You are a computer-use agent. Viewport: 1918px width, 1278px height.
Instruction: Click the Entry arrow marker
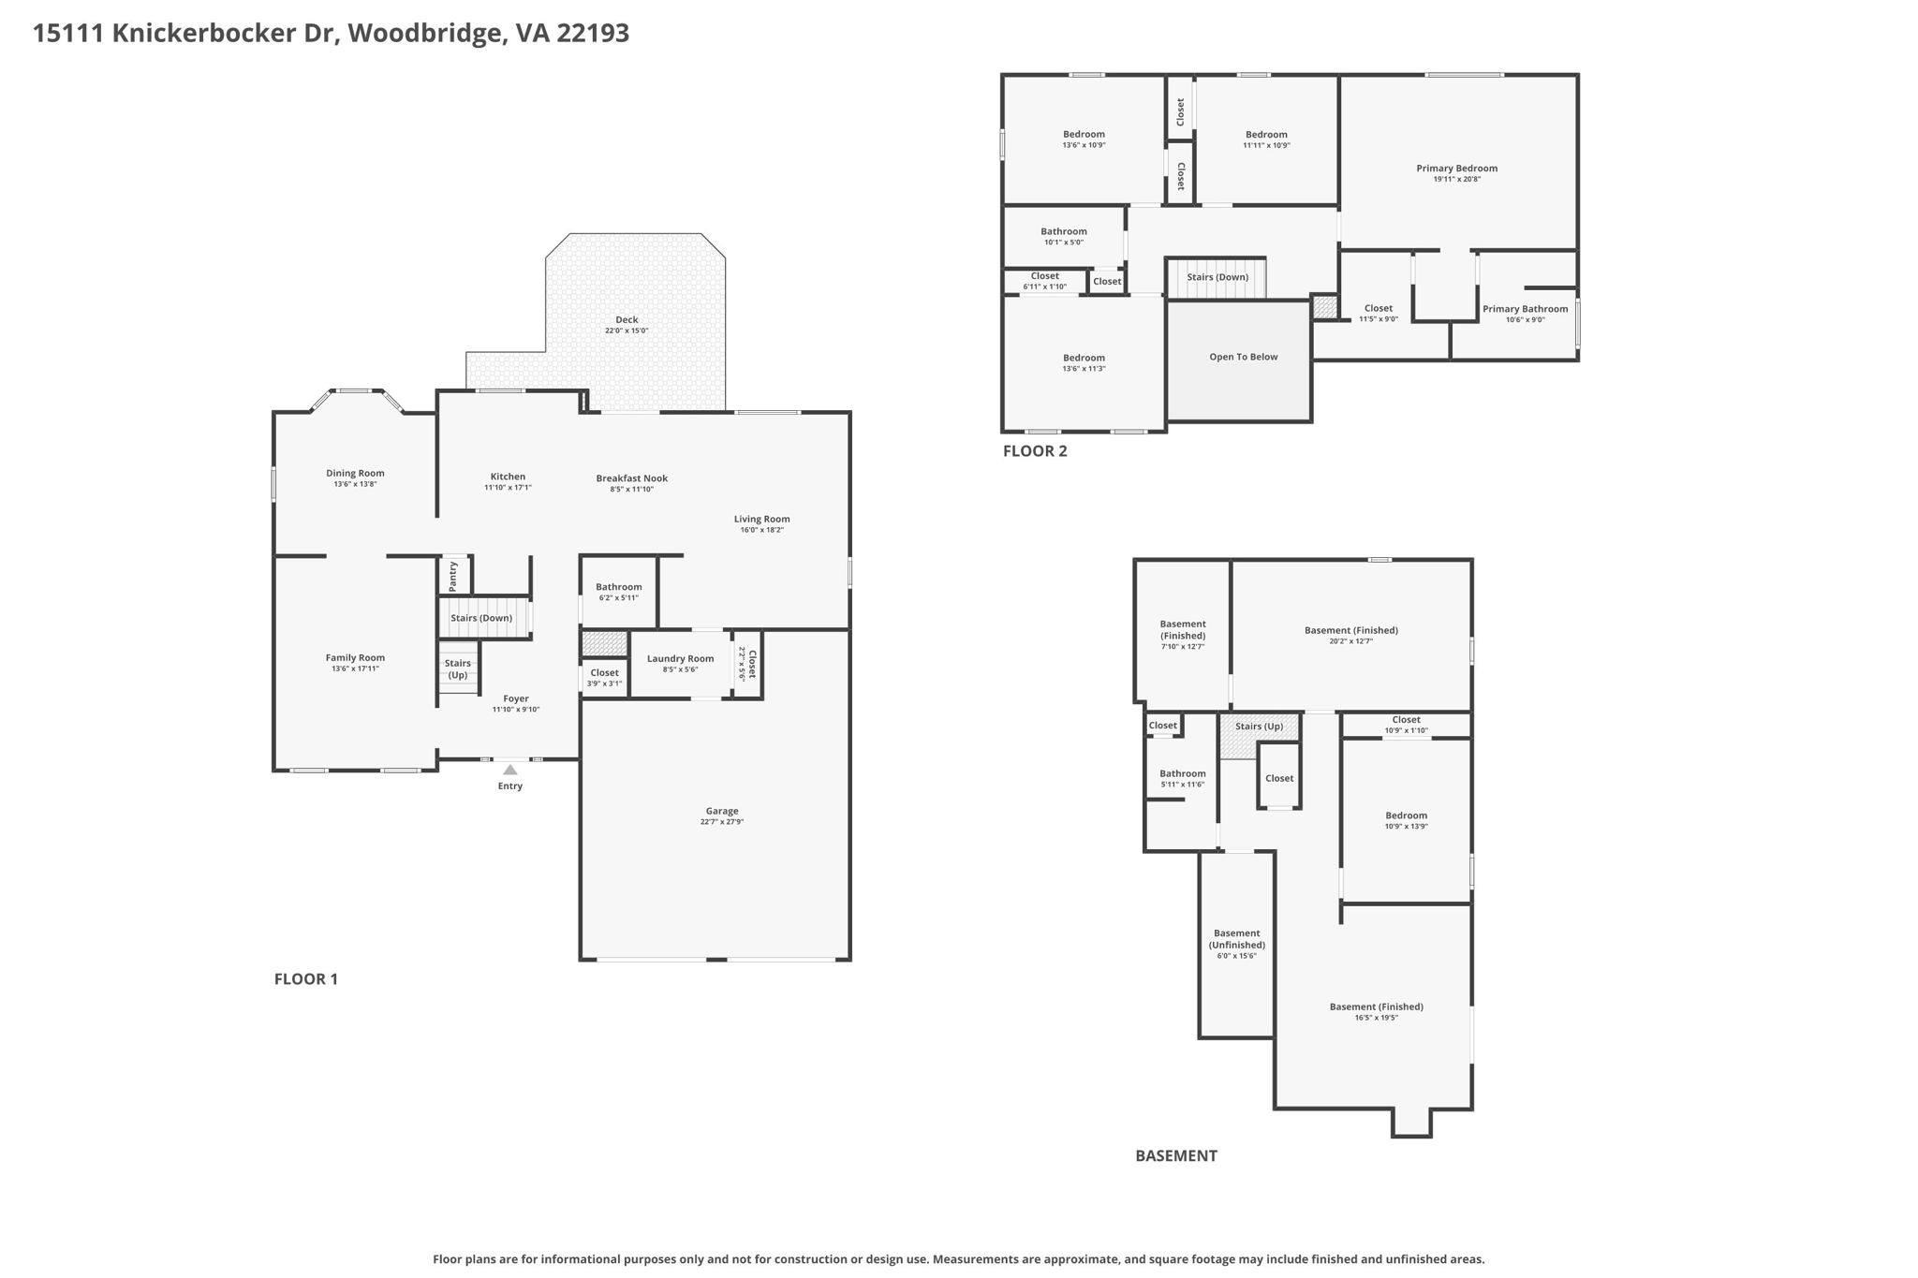pyautogui.click(x=509, y=770)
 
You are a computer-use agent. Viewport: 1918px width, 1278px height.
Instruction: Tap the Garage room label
pyautogui.click(x=721, y=811)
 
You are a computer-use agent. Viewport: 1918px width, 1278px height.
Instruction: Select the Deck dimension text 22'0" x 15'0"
pyautogui.click(x=626, y=331)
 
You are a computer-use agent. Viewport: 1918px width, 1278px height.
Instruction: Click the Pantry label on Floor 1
pyautogui.click(x=453, y=575)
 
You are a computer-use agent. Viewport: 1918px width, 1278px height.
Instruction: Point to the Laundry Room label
pyautogui.click(x=680, y=658)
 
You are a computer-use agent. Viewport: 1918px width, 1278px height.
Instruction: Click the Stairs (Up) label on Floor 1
pyautogui.click(x=457, y=668)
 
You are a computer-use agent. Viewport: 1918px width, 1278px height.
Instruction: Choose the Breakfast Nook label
pyautogui.click(x=631, y=478)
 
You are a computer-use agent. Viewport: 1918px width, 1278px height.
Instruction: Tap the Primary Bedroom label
pyautogui.click(x=1456, y=169)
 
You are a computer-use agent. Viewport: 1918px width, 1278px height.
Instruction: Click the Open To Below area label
pyautogui.click(x=1243, y=357)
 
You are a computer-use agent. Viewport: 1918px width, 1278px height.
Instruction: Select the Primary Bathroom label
pyautogui.click(x=1525, y=309)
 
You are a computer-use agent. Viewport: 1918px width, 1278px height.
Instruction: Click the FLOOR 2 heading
pyautogui.click(x=1035, y=451)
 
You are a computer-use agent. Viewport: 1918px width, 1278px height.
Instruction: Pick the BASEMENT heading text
pyautogui.click(x=1175, y=1155)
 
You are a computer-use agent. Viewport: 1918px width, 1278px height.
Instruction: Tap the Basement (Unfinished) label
pyautogui.click(x=1236, y=939)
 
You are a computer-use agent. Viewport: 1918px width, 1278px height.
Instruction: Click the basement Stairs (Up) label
pyautogui.click(x=1259, y=727)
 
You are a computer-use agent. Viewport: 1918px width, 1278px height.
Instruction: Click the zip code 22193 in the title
pyautogui.click(x=593, y=34)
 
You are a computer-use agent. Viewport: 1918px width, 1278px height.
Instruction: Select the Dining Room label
pyautogui.click(x=355, y=473)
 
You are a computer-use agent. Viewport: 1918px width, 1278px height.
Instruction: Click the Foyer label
pyautogui.click(x=516, y=698)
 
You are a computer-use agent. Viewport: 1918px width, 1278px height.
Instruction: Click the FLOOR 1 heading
pyautogui.click(x=305, y=979)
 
